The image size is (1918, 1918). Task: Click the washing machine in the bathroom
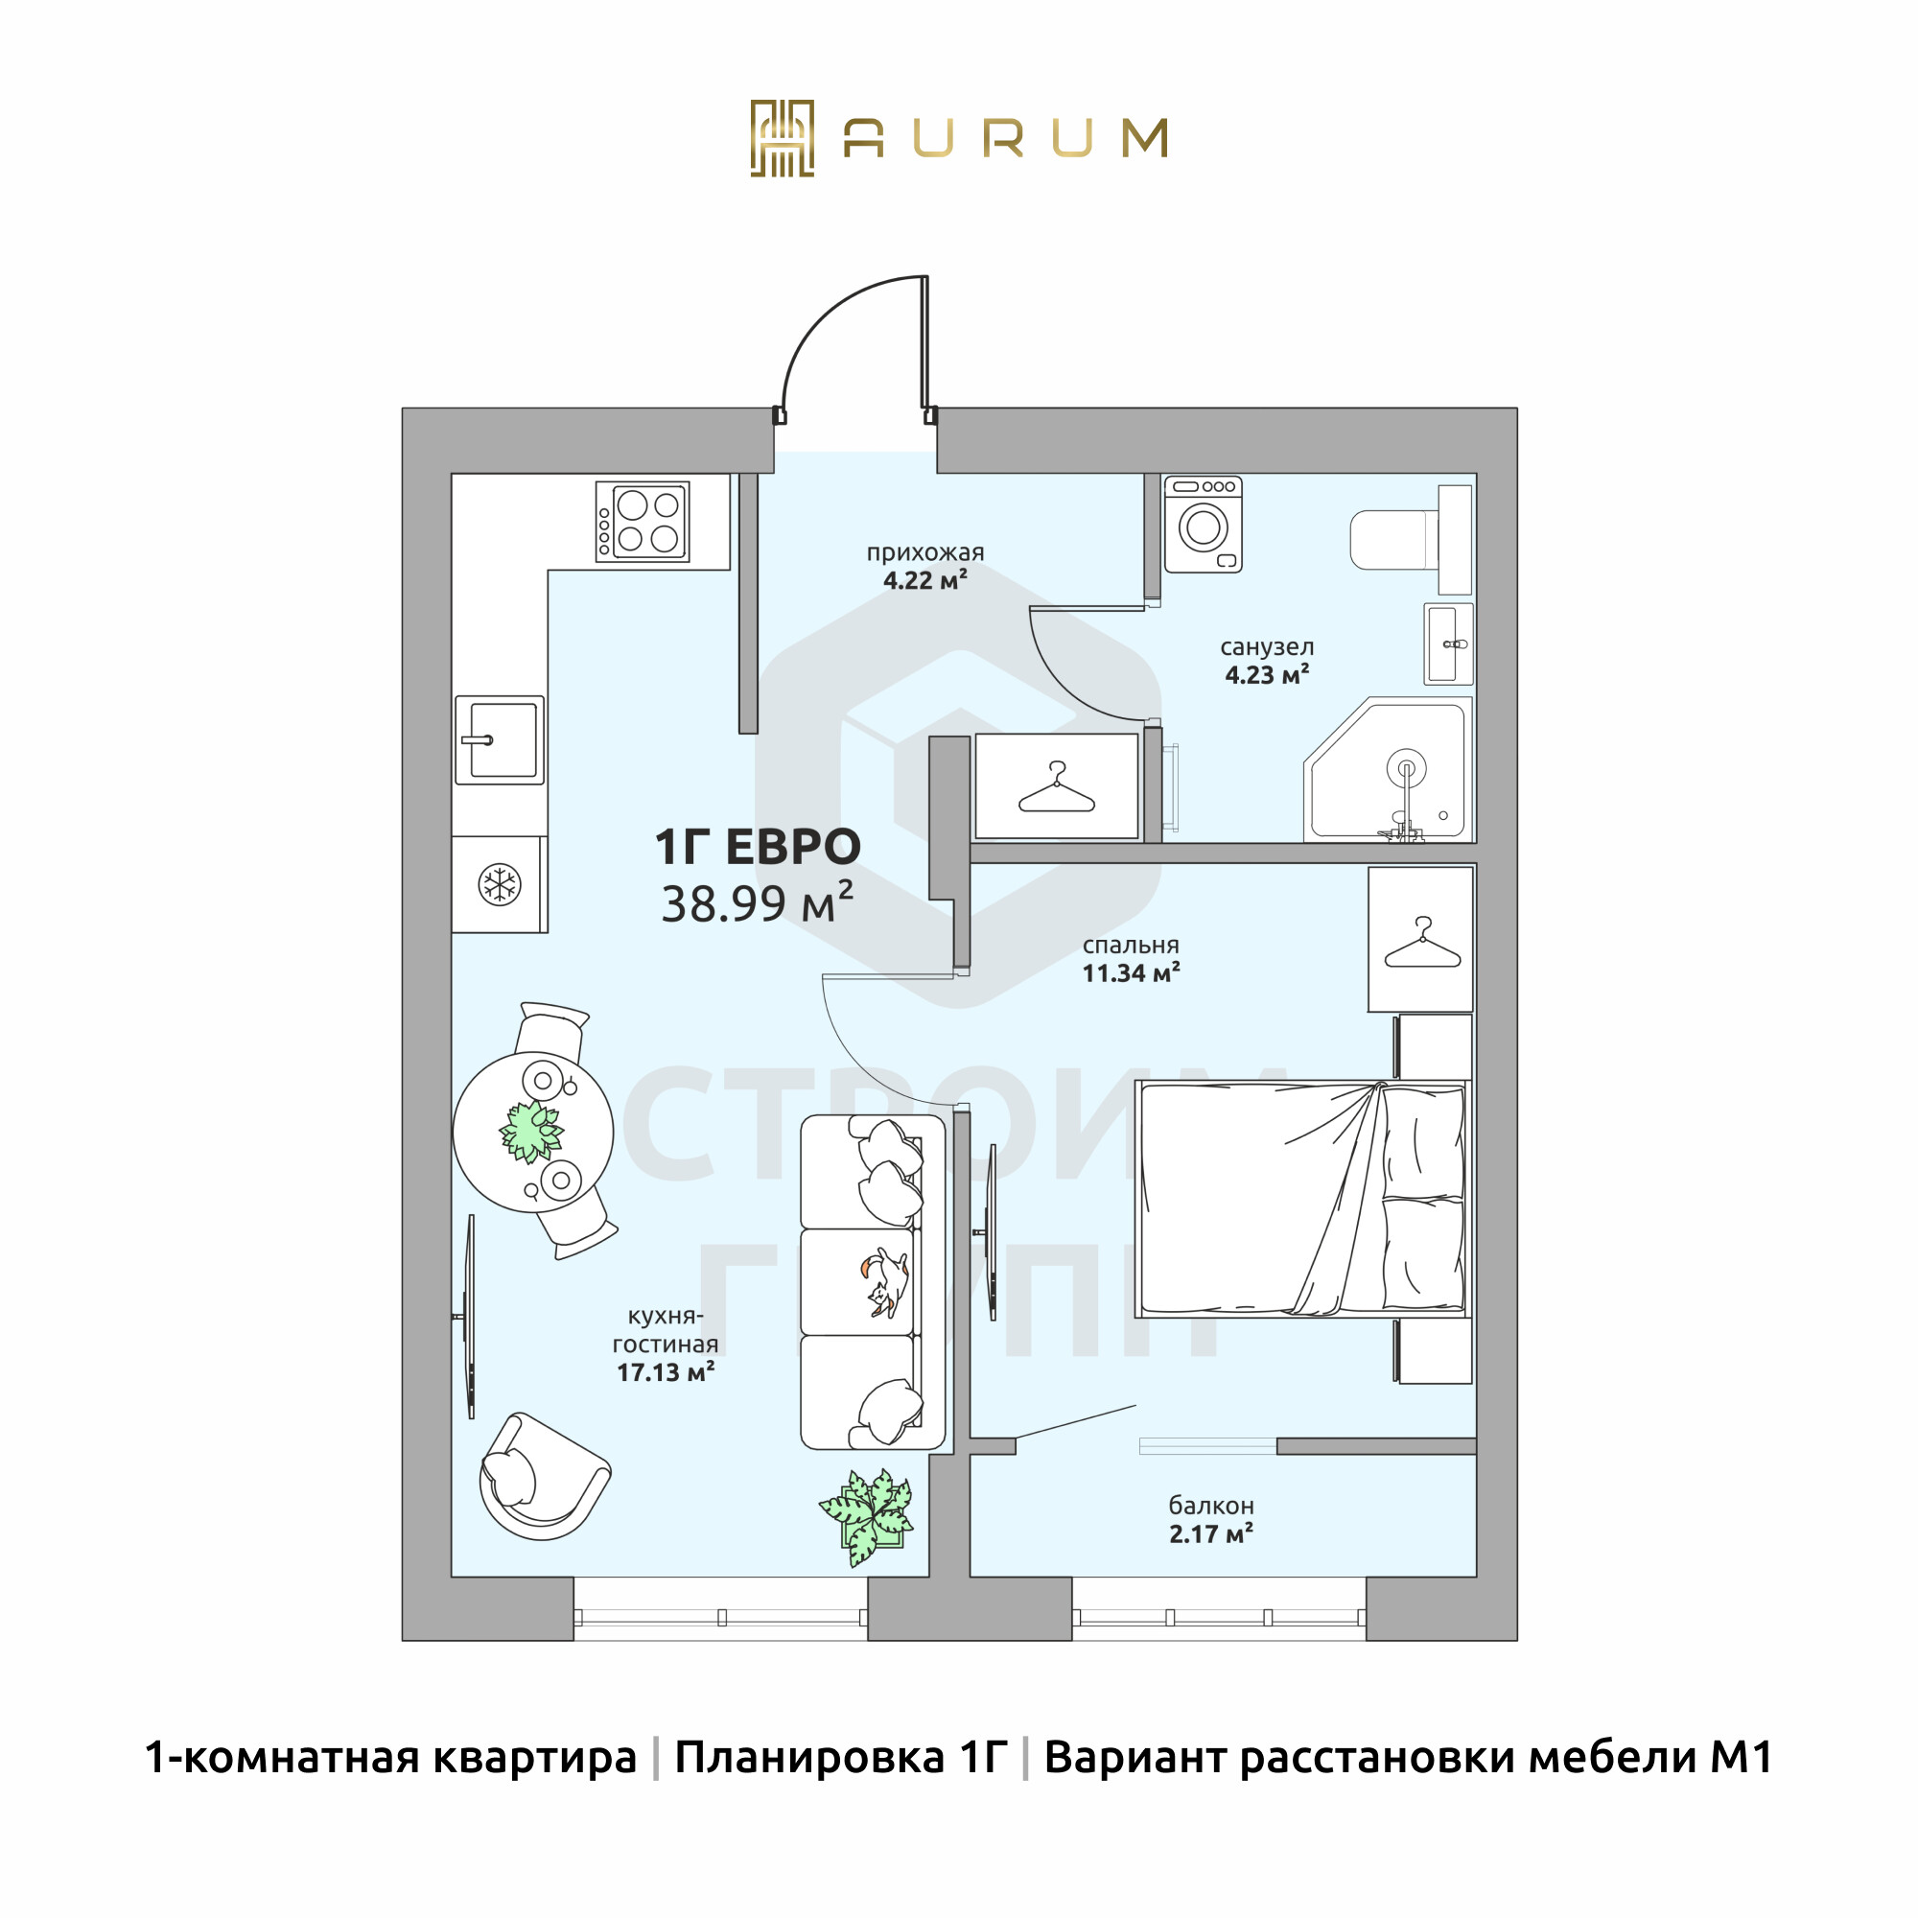[x=1203, y=526]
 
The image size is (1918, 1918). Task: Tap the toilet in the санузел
[x=1411, y=540]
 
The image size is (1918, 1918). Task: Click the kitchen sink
[x=500, y=739]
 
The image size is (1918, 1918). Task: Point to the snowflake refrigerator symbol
[x=500, y=884]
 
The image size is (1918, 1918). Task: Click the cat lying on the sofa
[x=886, y=1284]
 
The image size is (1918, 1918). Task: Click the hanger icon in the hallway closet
[x=1056, y=787]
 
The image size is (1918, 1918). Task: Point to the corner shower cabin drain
[x=1407, y=767]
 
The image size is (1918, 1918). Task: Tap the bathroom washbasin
[x=1448, y=643]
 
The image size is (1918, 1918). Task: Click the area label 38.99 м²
[x=758, y=902]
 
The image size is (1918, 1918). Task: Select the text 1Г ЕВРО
[x=758, y=847]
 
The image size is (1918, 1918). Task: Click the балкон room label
[x=1211, y=1505]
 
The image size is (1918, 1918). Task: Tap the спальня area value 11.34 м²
[x=1131, y=972]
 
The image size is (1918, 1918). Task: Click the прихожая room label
[x=925, y=553]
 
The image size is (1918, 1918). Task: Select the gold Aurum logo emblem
[x=783, y=138]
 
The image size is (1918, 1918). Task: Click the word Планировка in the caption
[x=809, y=1758]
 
